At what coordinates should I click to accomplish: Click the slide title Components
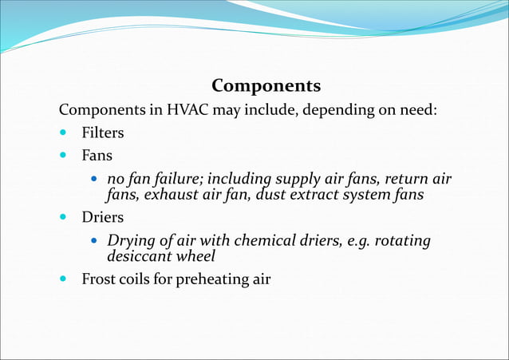tap(266, 85)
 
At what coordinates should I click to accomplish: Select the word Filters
tap(103, 133)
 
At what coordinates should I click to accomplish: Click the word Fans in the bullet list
tap(97, 155)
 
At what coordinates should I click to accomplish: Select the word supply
tap(298, 177)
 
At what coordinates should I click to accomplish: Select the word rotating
tap(401, 240)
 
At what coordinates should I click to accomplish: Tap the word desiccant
tap(139, 256)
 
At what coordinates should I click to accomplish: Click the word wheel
tap(196, 256)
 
